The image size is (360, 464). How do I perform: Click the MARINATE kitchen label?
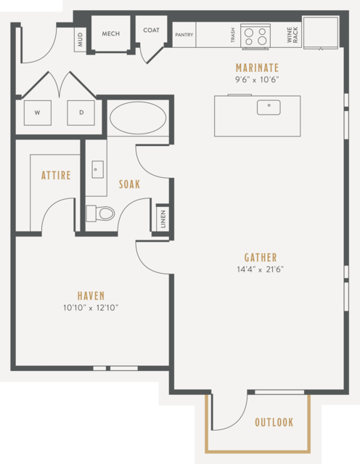click(x=257, y=68)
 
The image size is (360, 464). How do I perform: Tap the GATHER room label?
click(x=261, y=258)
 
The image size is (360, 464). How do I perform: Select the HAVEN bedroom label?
click(x=91, y=296)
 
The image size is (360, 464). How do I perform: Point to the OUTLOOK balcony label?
click(x=274, y=423)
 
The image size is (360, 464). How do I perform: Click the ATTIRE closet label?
click(x=56, y=175)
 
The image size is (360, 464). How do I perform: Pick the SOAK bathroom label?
click(x=129, y=184)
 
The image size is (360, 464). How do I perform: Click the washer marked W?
click(x=38, y=113)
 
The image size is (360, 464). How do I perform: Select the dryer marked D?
click(x=81, y=113)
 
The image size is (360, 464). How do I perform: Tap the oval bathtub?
click(x=138, y=118)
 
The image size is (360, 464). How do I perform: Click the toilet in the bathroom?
click(x=100, y=213)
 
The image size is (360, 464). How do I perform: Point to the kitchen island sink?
click(x=269, y=107)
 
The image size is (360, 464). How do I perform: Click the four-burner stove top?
click(x=255, y=36)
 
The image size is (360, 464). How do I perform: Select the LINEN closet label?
click(x=163, y=219)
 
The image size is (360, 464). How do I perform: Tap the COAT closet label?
click(x=151, y=30)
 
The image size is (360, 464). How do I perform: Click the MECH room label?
click(x=111, y=33)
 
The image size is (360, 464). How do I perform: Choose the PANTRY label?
click(x=184, y=35)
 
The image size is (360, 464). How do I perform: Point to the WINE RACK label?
click(x=292, y=35)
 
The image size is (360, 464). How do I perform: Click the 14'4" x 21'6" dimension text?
click(x=261, y=269)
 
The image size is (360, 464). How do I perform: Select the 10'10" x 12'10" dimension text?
click(x=91, y=308)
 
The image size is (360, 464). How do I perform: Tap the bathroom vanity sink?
click(x=97, y=170)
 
